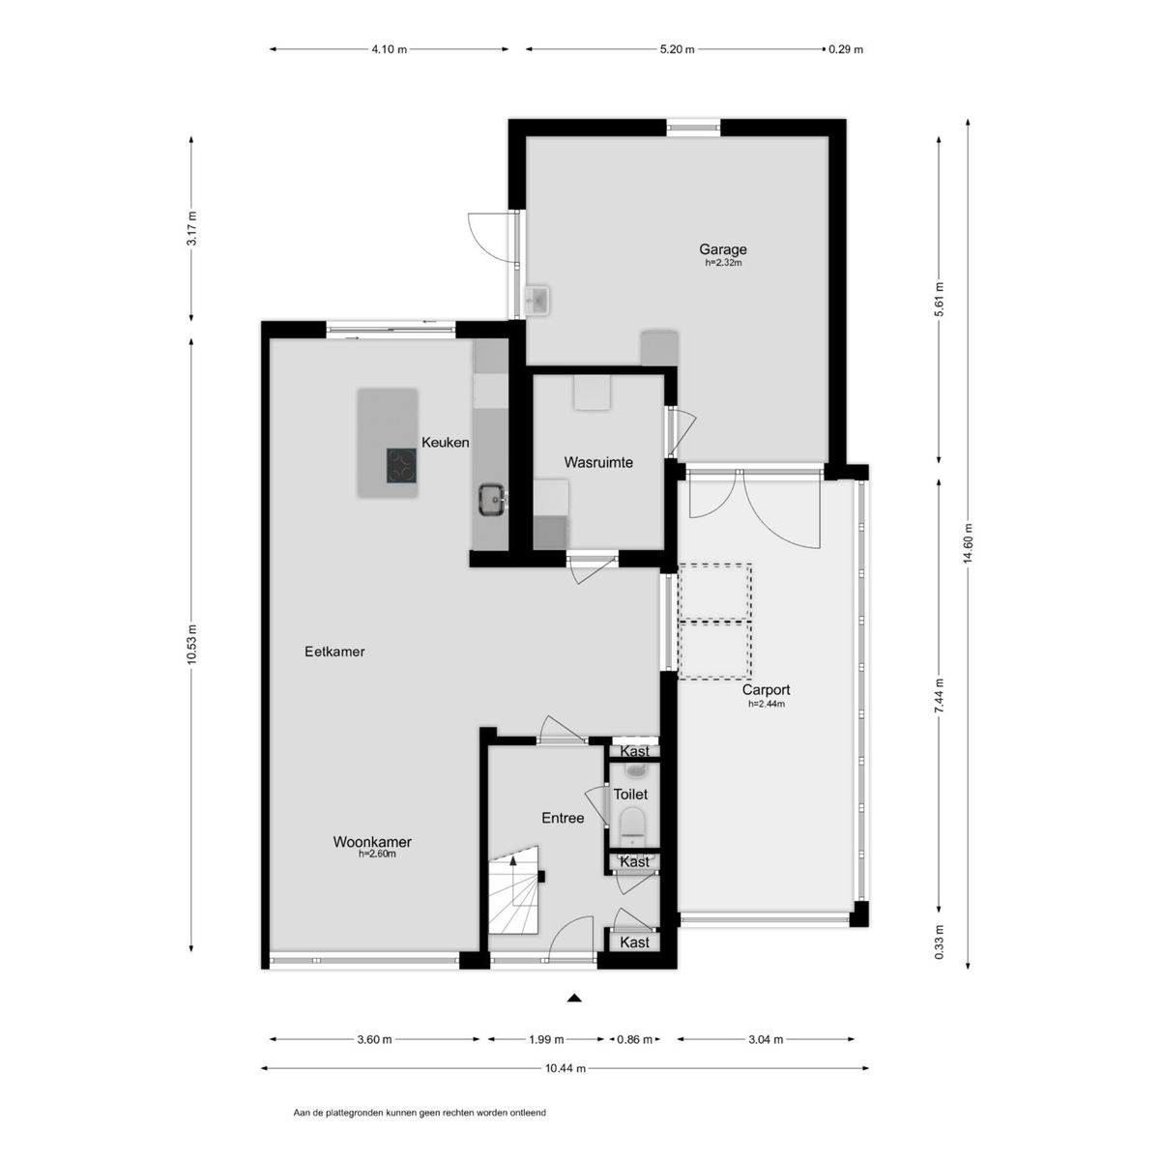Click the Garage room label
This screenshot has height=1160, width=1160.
click(722, 249)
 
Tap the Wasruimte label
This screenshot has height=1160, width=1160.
click(598, 462)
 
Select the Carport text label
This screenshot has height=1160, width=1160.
click(766, 690)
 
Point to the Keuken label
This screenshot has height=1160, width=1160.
click(445, 443)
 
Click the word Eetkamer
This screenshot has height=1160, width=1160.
click(334, 652)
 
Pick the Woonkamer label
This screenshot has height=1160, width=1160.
click(372, 842)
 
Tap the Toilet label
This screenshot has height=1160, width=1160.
click(630, 795)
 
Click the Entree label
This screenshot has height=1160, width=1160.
click(563, 818)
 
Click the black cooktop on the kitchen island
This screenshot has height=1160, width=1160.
click(401, 466)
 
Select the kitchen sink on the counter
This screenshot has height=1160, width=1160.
click(493, 500)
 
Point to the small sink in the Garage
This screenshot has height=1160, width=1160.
click(536, 299)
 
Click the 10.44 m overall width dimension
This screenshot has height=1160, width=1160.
click(565, 1068)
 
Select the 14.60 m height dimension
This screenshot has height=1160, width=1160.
click(968, 544)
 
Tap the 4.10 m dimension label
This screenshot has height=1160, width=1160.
click(389, 49)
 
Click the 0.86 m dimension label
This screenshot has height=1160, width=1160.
click(634, 1039)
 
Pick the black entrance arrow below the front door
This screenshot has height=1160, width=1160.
click(575, 998)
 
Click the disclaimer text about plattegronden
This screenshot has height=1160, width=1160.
click(420, 1113)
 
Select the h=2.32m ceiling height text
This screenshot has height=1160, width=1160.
click(723, 263)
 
